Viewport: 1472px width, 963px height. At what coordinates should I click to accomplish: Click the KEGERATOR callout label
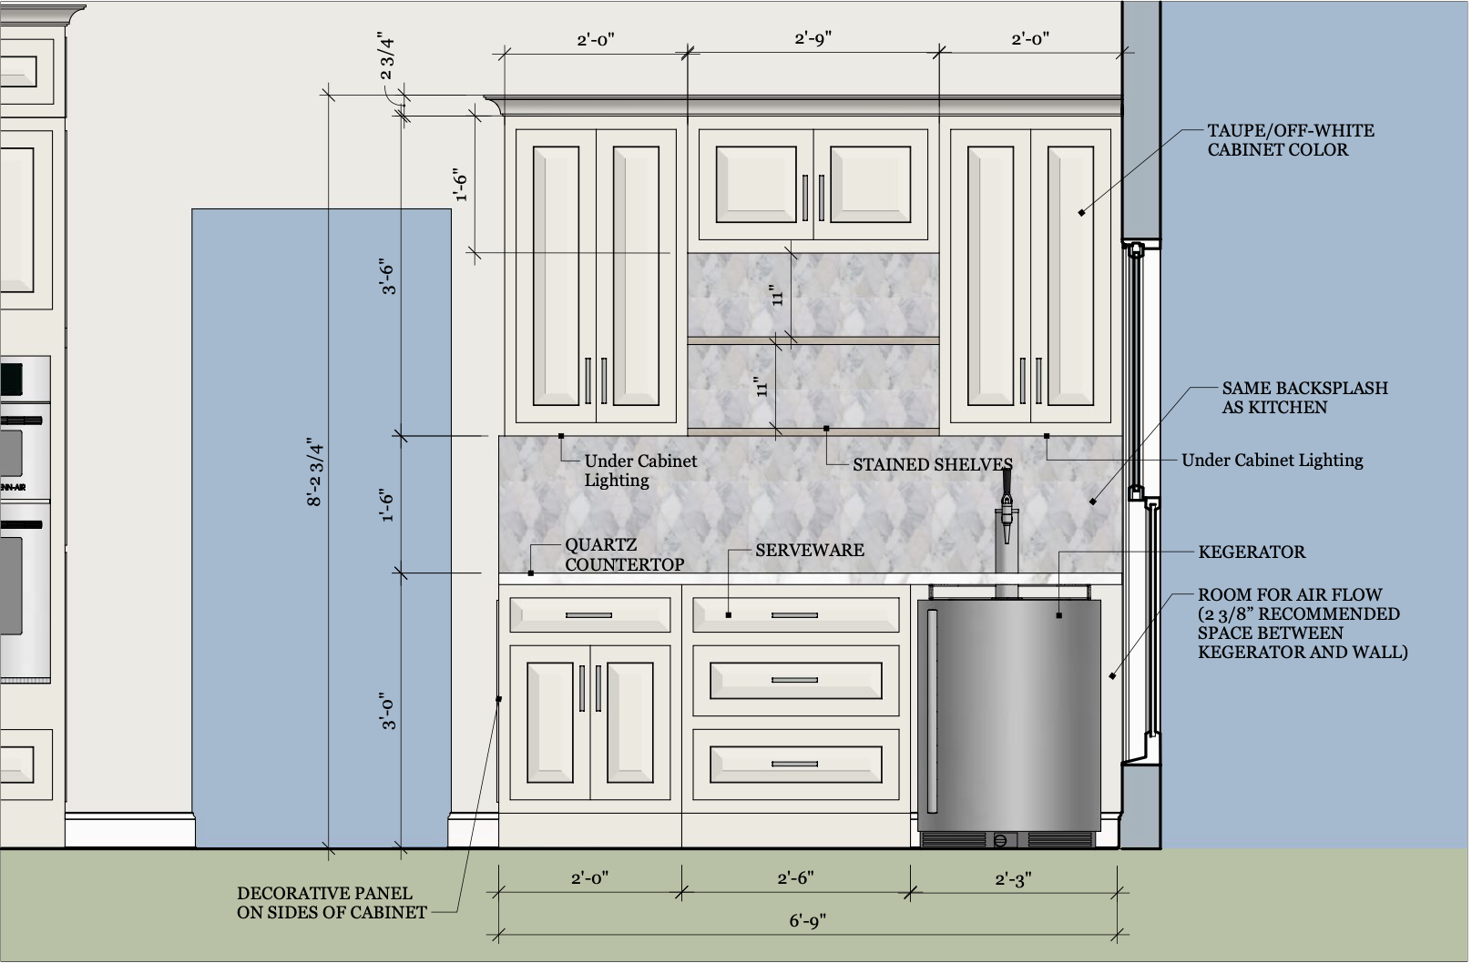click(1251, 552)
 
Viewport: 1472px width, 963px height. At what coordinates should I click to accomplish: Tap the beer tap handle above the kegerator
click(1007, 480)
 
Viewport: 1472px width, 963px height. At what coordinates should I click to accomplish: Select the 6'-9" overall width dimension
click(807, 921)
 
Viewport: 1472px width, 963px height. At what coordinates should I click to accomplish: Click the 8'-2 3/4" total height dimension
click(316, 472)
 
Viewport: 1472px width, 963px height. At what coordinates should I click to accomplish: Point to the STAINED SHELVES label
click(932, 464)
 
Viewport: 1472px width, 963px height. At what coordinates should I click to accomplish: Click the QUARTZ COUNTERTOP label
click(624, 555)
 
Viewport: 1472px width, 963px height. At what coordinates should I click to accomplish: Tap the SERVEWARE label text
click(809, 550)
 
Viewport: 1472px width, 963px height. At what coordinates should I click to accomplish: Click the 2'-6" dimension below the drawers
click(795, 878)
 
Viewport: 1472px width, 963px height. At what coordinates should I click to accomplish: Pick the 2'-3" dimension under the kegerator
click(1013, 879)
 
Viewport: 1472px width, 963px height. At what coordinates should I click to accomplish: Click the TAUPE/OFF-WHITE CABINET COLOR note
click(1290, 140)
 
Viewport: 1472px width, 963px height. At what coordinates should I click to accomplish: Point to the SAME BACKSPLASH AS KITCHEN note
click(1303, 398)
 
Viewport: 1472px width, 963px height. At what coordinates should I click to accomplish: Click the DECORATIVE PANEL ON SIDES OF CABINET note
click(332, 903)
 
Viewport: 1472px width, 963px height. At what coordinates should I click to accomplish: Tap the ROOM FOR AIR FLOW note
click(1302, 623)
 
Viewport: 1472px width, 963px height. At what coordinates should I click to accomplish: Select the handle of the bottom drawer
click(795, 763)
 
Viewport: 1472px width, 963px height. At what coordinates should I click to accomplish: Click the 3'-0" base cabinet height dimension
click(389, 711)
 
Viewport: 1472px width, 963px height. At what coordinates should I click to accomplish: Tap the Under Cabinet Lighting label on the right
click(1272, 461)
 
